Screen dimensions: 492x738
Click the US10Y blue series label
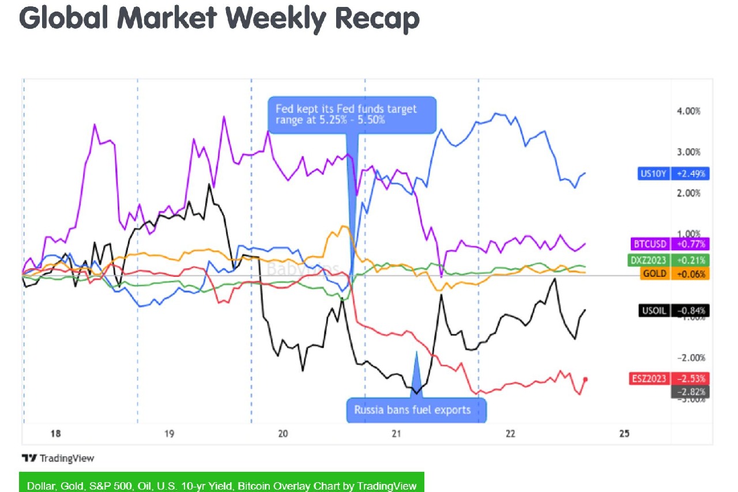click(x=653, y=173)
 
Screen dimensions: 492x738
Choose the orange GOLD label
click(x=654, y=274)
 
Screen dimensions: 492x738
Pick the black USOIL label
click(x=654, y=311)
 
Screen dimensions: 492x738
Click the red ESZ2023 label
click(x=650, y=379)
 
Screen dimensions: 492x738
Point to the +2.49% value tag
click(x=690, y=173)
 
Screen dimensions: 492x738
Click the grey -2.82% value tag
click(x=690, y=392)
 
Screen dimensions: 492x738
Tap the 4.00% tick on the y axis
click(x=688, y=111)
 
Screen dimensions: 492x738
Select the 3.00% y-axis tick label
click(x=688, y=152)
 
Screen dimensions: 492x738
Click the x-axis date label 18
click(x=56, y=434)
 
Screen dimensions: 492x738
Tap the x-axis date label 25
click(x=624, y=434)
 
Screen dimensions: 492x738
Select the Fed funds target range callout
click(x=352, y=114)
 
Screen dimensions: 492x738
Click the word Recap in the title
click(x=377, y=18)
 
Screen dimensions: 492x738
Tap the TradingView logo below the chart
click(x=58, y=459)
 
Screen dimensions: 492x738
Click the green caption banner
click(x=222, y=485)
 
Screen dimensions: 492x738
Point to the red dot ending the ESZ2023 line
click(x=586, y=379)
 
